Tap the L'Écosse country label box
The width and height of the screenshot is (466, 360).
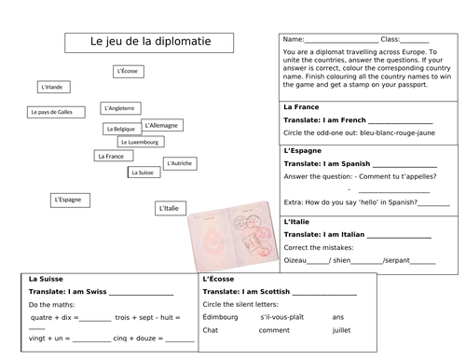(127, 71)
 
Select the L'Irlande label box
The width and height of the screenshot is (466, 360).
(55, 88)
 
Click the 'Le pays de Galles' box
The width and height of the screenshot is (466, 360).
(50, 112)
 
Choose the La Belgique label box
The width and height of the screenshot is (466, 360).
(121, 129)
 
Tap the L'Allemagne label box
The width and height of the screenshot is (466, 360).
(162, 124)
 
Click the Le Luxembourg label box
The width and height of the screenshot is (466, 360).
(142, 142)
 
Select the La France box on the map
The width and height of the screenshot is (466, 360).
(110, 157)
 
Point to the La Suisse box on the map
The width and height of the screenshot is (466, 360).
(142, 173)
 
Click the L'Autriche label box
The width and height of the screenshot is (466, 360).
(180, 163)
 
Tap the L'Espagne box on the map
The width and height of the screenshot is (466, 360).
(69, 199)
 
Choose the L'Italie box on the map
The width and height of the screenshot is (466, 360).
(169, 208)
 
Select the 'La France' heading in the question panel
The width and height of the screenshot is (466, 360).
(301, 107)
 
